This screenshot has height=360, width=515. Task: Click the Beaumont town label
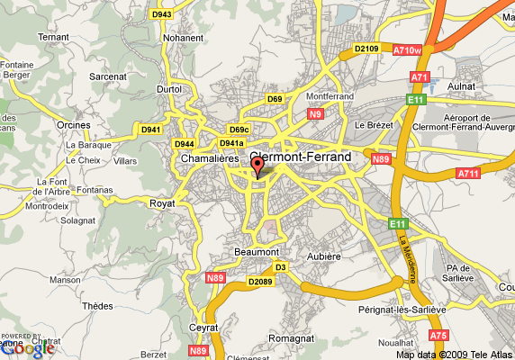click(x=257, y=251)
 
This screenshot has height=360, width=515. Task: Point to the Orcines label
click(x=75, y=125)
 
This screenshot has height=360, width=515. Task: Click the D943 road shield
click(x=162, y=14)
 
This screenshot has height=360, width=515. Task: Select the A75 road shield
click(x=438, y=335)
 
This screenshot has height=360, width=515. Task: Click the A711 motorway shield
click(x=468, y=174)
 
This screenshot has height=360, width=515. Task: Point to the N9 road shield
click(x=315, y=114)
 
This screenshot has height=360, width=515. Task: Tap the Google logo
click(x=26, y=346)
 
